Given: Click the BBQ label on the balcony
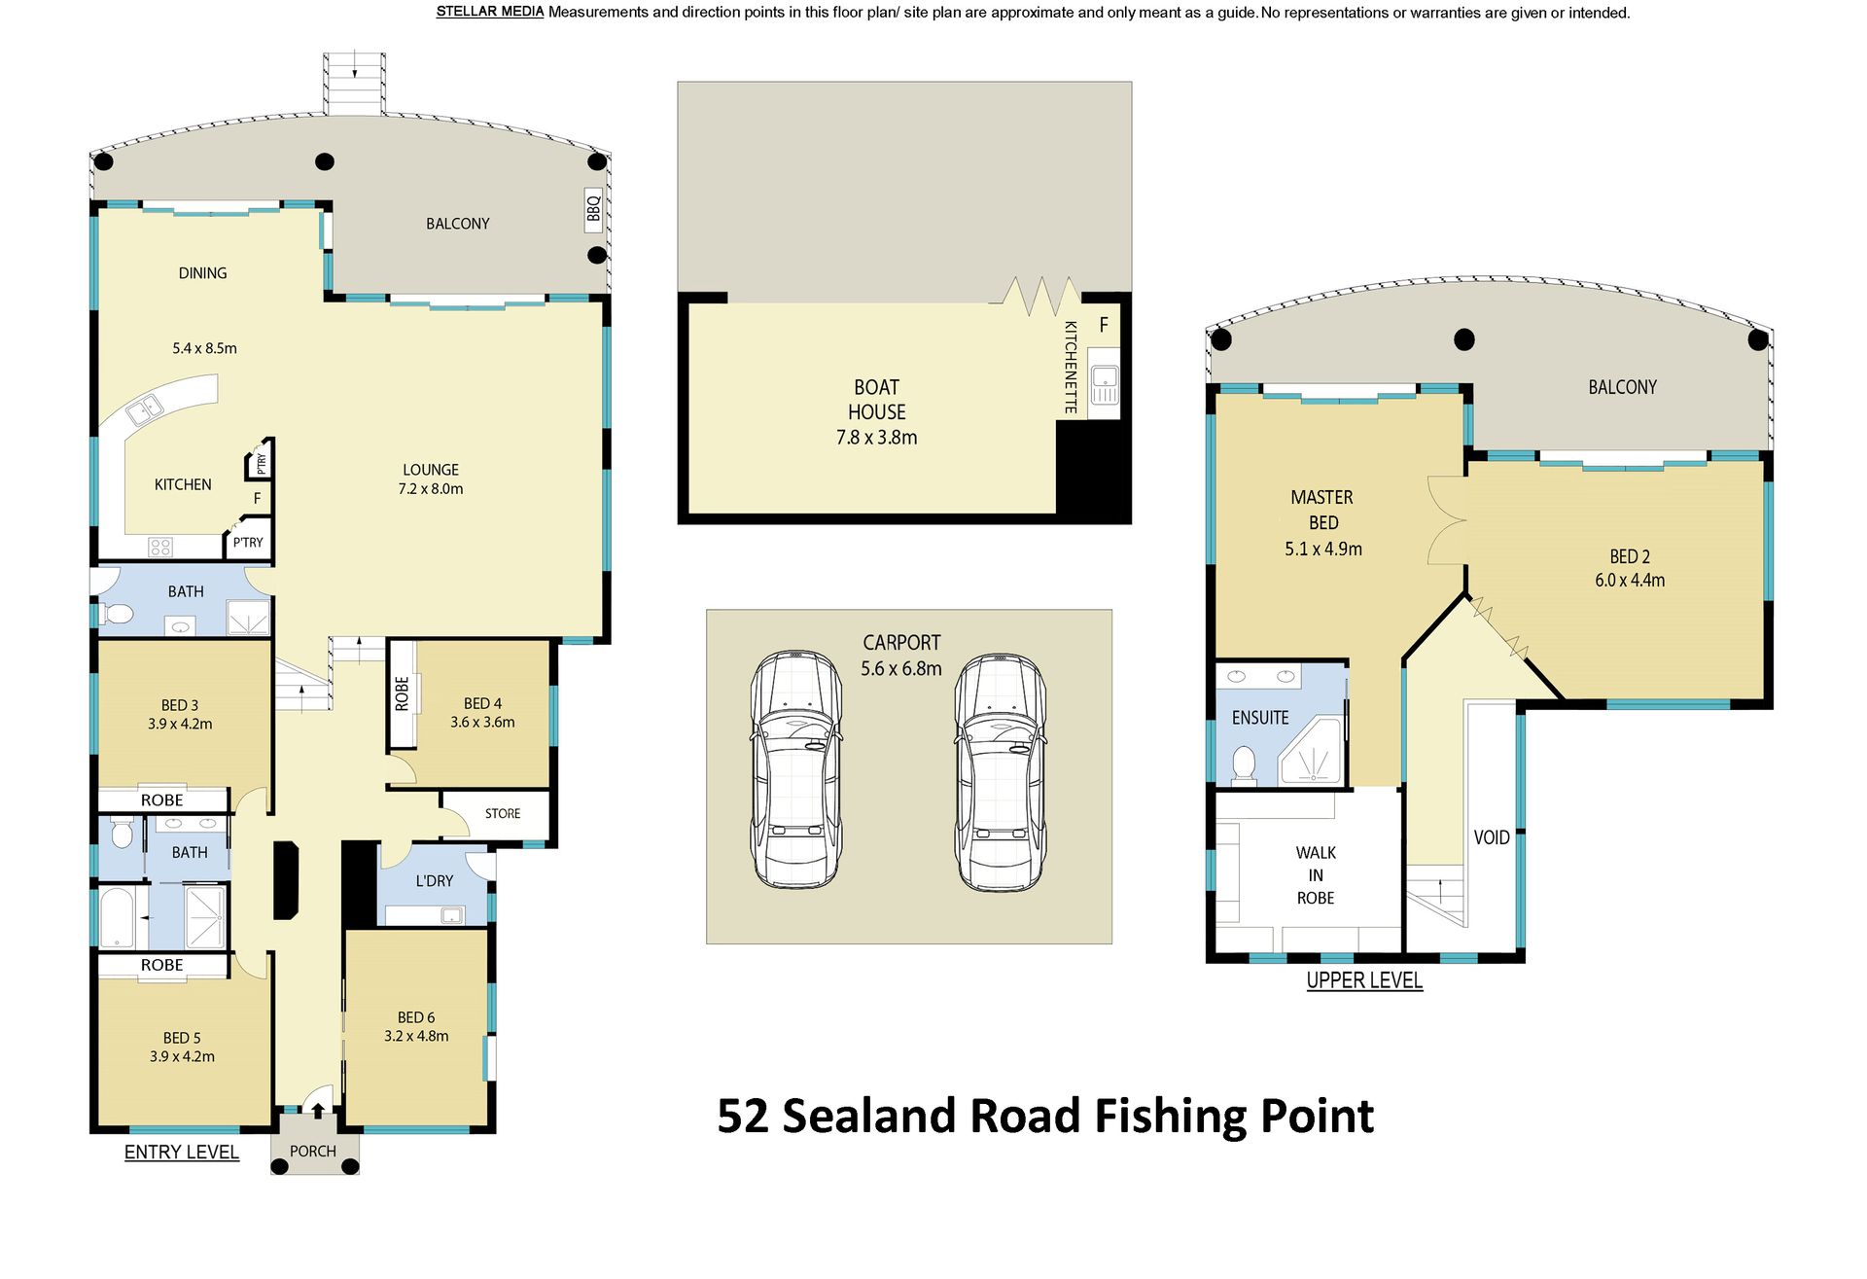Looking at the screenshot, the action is pyautogui.click(x=593, y=208).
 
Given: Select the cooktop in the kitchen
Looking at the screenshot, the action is pyautogui.click(x=160, y=547).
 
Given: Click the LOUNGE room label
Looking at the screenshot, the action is pyautogui.click(x=431, y=470).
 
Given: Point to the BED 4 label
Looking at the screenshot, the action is pyautogui.click(x=483, y=703).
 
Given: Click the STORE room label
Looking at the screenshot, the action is pyautogui.click(x=503, y=813).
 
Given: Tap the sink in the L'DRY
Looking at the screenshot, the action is pyautogui.click(x=451, y=914).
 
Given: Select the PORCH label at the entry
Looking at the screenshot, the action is pyautogui.click(x=313, y=1151).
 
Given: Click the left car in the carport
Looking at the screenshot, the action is pyautogui.click(x=795, y=769).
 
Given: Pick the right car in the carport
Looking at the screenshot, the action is pyautogui.click(x=1000, y=772).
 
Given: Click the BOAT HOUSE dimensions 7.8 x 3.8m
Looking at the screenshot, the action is pyautogui.click(x=877, y=438).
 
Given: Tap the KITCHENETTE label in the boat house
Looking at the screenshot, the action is pyautogui.click(x=1071, y=368).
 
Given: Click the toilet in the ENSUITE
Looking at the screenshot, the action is pyautogui.click(x=1244, y=764).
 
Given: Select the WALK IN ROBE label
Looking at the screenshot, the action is pyautogui.click(x=1316, y=875).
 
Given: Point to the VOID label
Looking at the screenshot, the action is pyautogui.click(x=1492, y=837).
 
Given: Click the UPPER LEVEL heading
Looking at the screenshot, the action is pyautogui.click(x=1364, y=980).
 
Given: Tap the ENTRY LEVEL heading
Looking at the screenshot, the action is pyautogui.click(x=182, y=1152).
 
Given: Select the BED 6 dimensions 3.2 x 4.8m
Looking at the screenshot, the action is pyautogui.click(x=416, y=1036).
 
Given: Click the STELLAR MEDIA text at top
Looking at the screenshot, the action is pyautogui.click(x=490, y=12).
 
